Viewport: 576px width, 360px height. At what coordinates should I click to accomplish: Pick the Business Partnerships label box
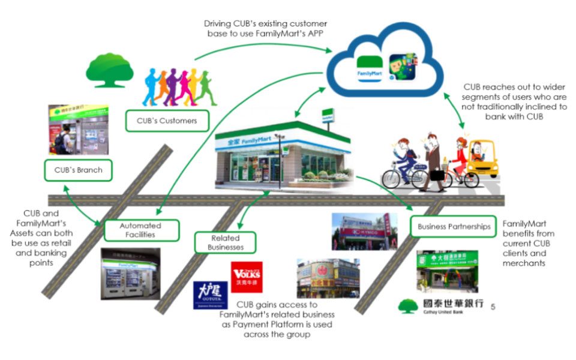coord(453,227)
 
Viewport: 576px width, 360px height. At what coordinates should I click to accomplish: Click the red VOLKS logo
coord(246,277)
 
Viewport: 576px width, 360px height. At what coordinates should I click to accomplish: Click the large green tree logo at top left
coord(109,71)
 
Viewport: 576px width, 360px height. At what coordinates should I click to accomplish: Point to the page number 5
coord(493,307)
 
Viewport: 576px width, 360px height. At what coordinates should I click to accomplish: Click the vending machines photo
coord(130,274)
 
